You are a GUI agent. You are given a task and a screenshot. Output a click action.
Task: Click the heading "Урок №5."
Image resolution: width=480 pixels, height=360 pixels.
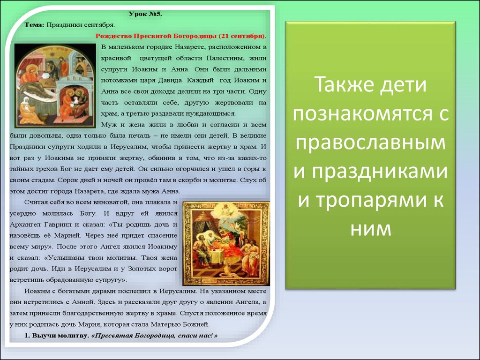pos(145,14)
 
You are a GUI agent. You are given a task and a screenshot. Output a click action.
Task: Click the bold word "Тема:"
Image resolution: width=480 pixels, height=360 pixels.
pos(35,25)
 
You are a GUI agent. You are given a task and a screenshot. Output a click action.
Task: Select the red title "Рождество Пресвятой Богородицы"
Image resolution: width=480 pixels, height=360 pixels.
pos(156,36)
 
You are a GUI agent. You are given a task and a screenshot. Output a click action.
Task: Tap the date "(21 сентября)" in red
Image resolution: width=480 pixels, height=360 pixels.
pos(242,36)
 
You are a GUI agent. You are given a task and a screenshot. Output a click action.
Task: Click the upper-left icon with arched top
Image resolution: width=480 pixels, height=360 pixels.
pos(55,85)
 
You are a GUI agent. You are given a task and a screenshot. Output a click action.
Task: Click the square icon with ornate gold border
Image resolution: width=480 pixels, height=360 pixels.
pos(226,244)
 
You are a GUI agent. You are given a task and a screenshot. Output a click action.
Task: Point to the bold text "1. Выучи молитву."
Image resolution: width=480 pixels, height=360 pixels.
pos(57,336)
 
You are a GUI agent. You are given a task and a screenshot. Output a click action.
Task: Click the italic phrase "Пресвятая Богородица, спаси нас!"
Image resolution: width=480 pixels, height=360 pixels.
pos(154,336)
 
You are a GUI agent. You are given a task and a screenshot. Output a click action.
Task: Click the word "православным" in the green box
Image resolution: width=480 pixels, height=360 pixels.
pos(370,143)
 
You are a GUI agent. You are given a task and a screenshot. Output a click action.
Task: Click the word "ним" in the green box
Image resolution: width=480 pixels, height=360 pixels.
pos(371,229)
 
